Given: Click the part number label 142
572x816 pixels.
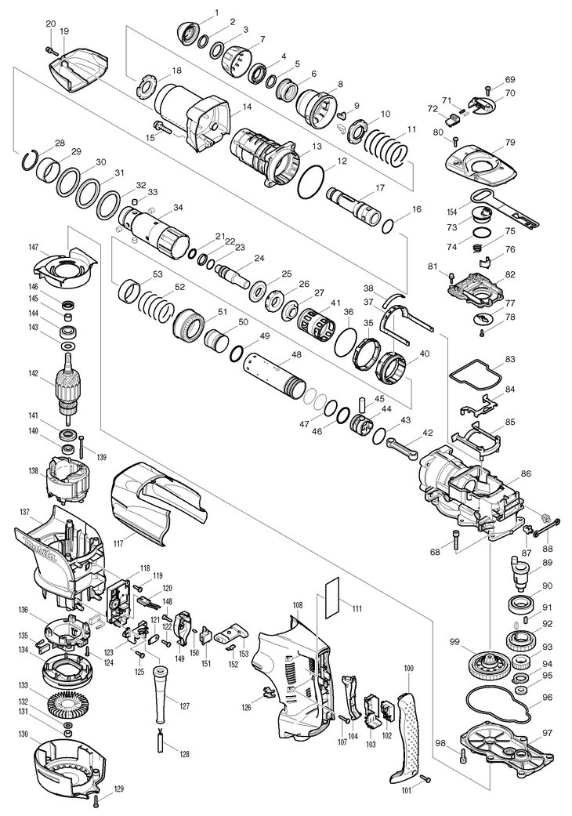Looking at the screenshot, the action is click(x=33, y=372).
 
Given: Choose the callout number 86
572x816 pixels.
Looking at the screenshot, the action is click(x=527, y=473).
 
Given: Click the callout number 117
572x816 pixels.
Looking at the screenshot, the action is click(x=118, y=544).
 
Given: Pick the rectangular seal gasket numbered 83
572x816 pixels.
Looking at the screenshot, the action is click(x=474, y=378).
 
